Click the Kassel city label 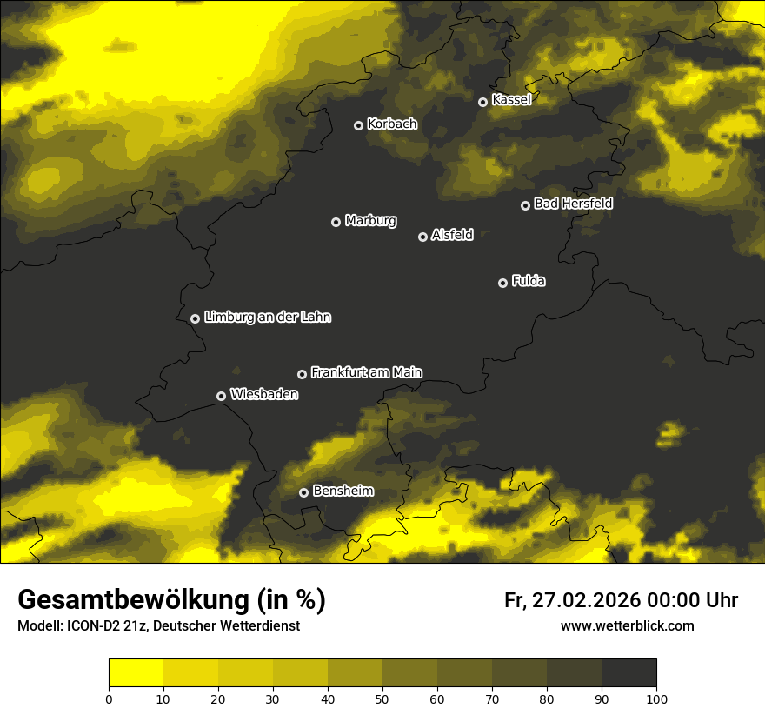point(511,100)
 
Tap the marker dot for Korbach point(358,125)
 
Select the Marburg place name point(370,221)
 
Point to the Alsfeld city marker point(423,237)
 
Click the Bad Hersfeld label point(573,204)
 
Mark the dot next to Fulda point(502,283)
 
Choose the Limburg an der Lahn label point(267,318)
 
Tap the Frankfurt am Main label point(366,372)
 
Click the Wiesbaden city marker point(222,396)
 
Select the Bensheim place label point(343,491)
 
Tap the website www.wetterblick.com point(627,626)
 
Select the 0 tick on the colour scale point(109,699)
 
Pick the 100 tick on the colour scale point(656,699)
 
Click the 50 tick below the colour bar point(382,699)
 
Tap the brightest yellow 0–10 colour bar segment point(136,673)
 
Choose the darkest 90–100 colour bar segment point(629,673)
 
